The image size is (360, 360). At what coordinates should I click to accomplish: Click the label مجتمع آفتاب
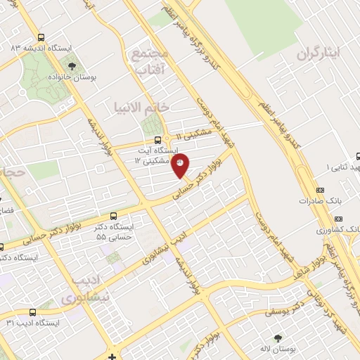pos(148,62)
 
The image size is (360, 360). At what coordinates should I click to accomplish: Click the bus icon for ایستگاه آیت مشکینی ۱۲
pos(157,140)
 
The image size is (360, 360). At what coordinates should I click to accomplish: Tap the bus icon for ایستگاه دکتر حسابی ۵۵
pos(113,217)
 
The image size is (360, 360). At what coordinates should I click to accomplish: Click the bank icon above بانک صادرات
pos(321,190)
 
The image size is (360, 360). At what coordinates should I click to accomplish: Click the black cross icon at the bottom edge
pos(113,356)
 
